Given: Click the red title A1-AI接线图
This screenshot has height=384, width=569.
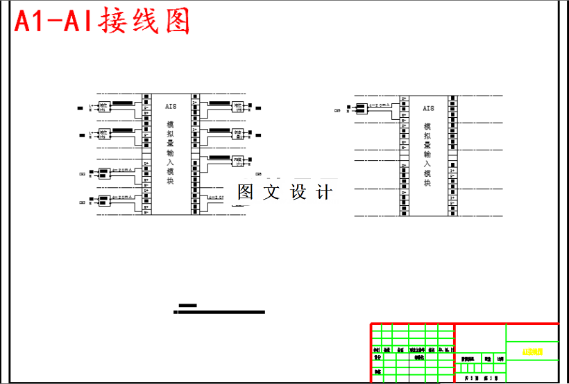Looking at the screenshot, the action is click(102, 23).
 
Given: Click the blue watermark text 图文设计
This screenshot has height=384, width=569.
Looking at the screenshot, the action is click(284, 193).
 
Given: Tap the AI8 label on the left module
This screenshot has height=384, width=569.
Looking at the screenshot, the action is click(171, 106).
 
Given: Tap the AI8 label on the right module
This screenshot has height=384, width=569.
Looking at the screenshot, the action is click(428, 108).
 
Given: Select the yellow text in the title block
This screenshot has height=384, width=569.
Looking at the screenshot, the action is click(532, 352).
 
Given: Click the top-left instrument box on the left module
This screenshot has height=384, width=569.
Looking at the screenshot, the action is click(105, 107).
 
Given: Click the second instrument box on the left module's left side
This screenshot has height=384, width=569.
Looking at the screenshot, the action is click(105, 133).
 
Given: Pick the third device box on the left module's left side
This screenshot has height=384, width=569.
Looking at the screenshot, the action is click(104, 173).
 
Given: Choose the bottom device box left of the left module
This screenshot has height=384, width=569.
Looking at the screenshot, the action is click(104, 201).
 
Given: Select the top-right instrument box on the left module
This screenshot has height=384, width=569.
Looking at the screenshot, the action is click(237, 107).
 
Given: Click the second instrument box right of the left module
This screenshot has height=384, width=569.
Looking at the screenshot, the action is click(237, 133).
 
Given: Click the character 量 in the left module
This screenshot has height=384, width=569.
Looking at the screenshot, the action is click(170, 148).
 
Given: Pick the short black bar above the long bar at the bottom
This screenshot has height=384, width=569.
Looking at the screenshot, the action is click(187, 305).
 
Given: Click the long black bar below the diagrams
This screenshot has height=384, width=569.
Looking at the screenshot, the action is click(219, 312).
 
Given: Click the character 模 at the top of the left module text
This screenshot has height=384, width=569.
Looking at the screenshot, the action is click(170, 125).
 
